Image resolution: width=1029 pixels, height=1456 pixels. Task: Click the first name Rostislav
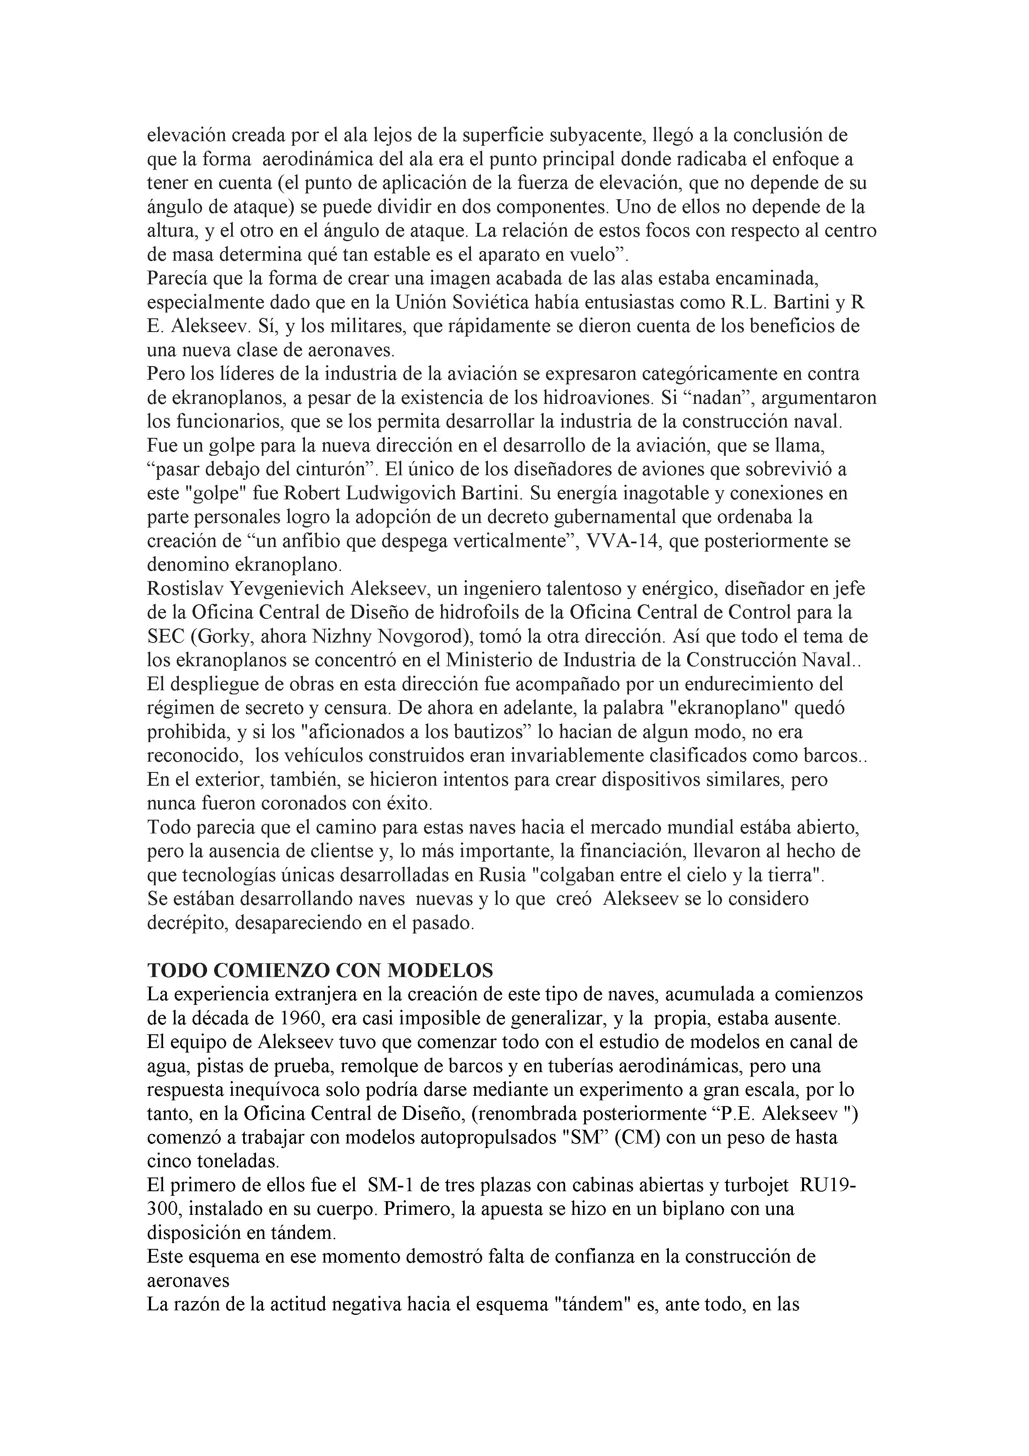pyautogui.click(x=185, y=589)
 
